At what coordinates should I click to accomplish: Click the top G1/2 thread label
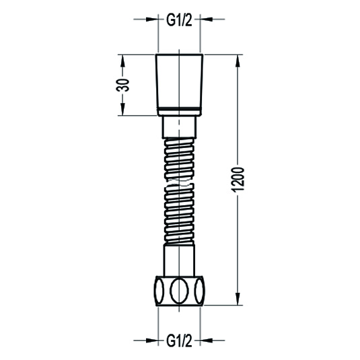click(179, 22)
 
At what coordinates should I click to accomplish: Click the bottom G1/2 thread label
click(179, 342)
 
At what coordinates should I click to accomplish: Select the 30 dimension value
click(123, 85)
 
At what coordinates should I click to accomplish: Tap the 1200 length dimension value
click(238, 180)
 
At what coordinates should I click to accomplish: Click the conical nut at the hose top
click(179, 81)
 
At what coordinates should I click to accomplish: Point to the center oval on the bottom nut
click(179, 291)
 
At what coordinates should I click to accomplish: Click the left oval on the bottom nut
click(159, 291)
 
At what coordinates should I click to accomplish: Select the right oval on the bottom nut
click(199, 291)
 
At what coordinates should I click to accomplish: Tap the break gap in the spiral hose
click(179, 182)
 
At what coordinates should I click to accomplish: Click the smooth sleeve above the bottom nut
click(179, 260)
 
